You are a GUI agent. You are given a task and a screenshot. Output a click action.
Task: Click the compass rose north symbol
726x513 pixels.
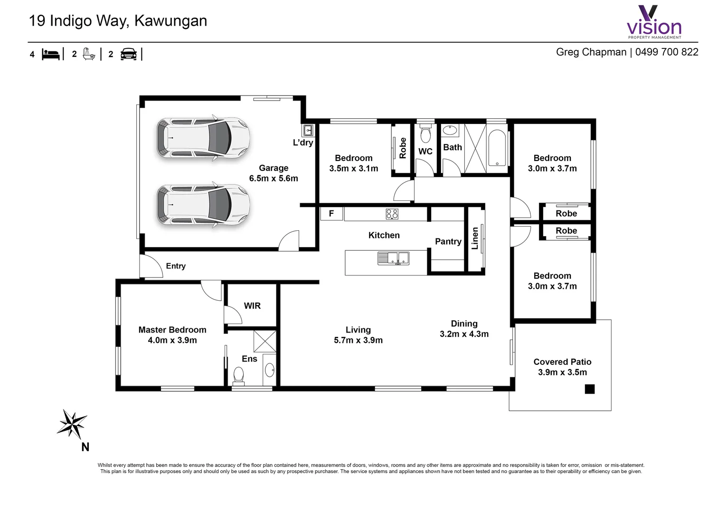pos(72,424)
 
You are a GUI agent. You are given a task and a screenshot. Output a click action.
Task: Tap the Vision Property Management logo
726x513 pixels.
pos(654,22)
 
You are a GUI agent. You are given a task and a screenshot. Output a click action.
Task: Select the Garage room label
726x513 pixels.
pos(273,173)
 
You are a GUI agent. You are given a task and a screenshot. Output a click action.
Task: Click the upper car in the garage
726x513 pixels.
pos(203,138)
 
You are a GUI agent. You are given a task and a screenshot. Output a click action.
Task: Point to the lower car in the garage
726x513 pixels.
pos(203,204)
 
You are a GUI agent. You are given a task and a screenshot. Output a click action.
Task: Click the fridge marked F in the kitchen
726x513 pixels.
pos(331,214)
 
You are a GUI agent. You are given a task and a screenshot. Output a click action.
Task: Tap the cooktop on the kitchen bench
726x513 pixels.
pos(392,214)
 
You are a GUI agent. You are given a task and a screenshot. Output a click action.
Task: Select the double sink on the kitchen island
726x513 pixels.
pos(393,258)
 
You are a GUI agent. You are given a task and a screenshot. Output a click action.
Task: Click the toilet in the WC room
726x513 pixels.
pos(425,135)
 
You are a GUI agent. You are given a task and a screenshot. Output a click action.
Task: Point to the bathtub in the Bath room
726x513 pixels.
pos(497,148)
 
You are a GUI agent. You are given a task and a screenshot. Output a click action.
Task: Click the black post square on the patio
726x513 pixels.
pos(589,389)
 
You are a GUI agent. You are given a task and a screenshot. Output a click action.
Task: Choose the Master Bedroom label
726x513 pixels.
pos(172,335)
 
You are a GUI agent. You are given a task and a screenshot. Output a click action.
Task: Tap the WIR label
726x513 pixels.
pos(252,306)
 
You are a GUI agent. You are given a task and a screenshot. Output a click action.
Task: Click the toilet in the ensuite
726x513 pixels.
pos(238,375)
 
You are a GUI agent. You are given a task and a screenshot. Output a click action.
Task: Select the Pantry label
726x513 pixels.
pos(448,241)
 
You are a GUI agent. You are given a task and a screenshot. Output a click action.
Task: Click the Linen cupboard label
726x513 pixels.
pos(475,238)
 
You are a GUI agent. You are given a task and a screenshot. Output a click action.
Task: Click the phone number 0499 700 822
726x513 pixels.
pos(667,52)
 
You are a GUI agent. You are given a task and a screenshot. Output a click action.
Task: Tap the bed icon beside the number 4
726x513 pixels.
pos(51,54)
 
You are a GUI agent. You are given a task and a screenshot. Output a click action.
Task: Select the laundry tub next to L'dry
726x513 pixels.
pos(308,130)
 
